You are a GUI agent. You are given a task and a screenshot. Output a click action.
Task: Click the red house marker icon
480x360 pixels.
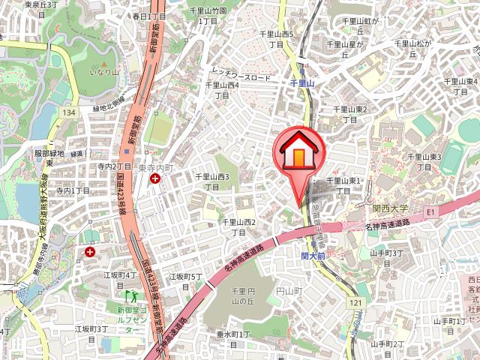point(298,151)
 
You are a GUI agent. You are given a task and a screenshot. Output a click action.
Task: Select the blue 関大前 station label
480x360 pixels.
point(313,256)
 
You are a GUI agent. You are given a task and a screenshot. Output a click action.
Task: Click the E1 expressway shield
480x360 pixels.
point(430,213)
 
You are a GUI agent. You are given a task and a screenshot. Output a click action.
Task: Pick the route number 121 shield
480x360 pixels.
point(355,302)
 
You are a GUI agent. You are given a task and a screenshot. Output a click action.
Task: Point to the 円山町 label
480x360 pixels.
point(288,290)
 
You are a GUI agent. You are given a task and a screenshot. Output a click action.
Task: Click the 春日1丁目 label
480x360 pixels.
point(149,15)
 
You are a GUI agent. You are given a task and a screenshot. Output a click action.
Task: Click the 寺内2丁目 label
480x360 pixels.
point(115,166)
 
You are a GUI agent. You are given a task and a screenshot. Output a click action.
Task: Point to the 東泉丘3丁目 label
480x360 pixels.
point(20,4)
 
